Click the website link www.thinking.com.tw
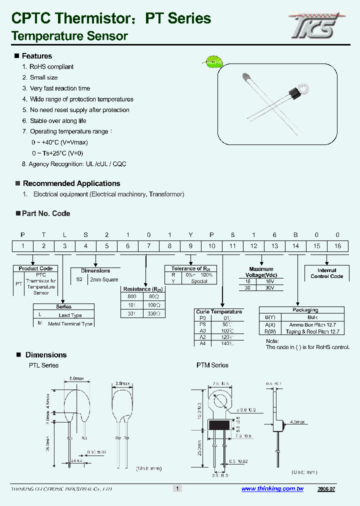click(x=272, y=488)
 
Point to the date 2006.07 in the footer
click(x=326, y=488)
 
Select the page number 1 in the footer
click(x=176, y=488)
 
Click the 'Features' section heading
click(x=36, y=56)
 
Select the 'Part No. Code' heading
click(x=46, y=213)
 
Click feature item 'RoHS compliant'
click(x=51, y=67)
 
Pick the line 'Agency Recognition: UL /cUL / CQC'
click(x=77, y=164)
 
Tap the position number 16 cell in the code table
click(x=338, y=245)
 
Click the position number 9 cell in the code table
click(x=190, y=245)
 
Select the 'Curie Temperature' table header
click(x=218, y=311)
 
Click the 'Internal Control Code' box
click(x=326, y=273)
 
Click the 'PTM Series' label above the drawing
click(x=212, y=365)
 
